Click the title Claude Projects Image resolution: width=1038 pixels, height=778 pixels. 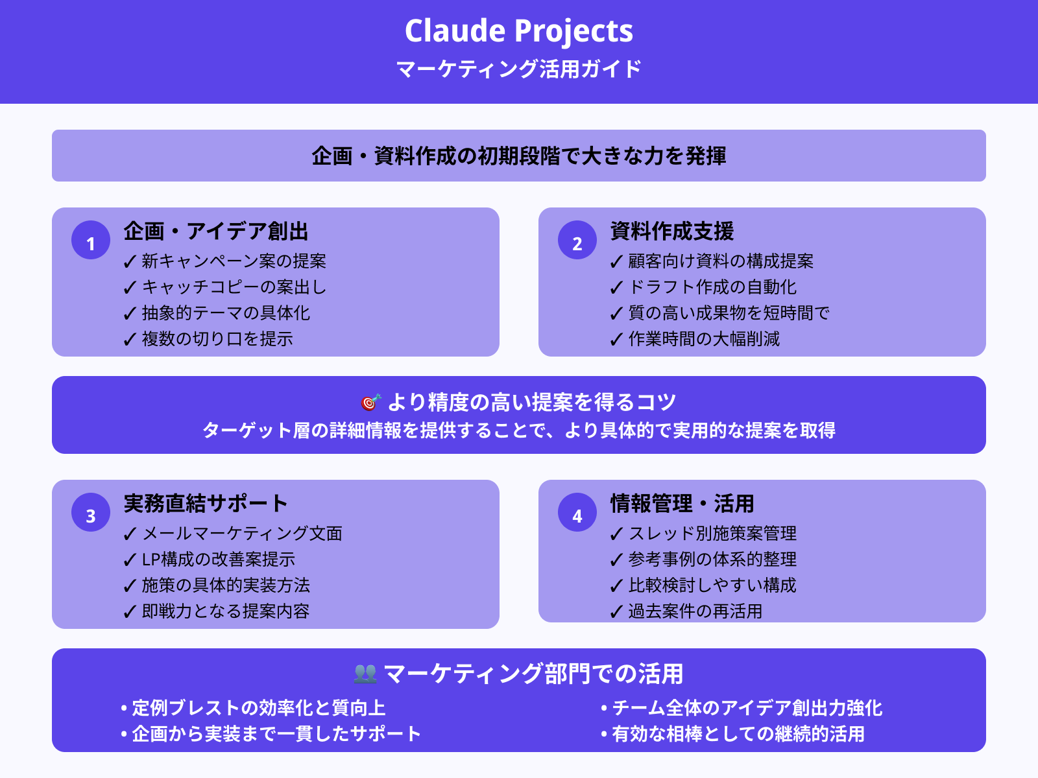pos(519,31)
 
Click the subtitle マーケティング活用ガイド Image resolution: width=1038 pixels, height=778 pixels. pos(519,69)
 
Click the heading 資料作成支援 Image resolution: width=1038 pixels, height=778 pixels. pos(672,231)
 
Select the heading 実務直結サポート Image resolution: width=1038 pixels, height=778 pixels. pos(206,504)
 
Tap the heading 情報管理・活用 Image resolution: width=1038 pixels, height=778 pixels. pos(682,504)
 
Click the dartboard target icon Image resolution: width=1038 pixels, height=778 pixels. pos(370,403)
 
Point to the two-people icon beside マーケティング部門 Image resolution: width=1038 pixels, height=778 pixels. pos(365,674)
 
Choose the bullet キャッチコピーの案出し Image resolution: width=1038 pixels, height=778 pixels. pos(234,287)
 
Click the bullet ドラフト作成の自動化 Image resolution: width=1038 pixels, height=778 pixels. pos(712,287)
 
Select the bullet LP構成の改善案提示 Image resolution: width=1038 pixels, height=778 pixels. pos(219,560)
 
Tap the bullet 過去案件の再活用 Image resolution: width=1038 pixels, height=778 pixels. pos(695,611)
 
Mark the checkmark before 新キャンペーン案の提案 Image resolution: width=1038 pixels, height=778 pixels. pos(130,262)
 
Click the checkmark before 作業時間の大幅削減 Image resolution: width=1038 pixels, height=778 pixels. pos(616,340)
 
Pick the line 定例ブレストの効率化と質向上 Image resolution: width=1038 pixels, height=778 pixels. pos(258,708)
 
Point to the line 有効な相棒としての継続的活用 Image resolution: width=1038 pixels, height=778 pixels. pos(738,734)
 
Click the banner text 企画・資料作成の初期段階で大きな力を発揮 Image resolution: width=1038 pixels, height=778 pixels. pos(519,156)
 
